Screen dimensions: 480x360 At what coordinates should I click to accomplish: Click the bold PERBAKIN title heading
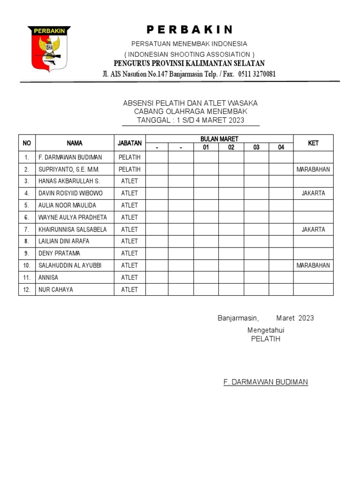(189, 30)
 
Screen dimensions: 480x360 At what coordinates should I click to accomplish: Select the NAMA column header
(75, 143)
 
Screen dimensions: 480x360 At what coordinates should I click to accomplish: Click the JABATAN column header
(129, 143)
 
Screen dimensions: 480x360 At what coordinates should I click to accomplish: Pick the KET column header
(313, 143)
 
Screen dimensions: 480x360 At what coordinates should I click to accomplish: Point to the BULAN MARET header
(219, 139)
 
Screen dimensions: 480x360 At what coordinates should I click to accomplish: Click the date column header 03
(256, 148)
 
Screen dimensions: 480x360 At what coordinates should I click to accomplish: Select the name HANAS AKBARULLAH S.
(69, 181)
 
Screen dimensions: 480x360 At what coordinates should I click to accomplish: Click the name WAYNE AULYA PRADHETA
(72, 217)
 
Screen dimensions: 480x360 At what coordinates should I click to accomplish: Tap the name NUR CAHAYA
(55, 290)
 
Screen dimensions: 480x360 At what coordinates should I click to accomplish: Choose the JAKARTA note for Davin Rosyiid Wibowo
(313, 193)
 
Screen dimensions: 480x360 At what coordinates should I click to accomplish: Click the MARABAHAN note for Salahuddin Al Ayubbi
(313, 265)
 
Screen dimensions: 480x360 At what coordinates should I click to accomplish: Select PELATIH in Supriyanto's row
(129, 169)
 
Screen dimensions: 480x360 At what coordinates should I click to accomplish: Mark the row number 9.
(27, 253)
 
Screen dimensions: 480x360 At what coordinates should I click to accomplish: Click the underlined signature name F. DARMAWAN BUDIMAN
(266, 382)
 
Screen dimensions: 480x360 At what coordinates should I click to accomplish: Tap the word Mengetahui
(266, 330)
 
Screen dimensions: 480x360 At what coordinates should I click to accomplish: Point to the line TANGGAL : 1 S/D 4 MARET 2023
(190, 120)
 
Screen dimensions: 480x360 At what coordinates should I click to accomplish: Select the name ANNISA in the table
(48, 277)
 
